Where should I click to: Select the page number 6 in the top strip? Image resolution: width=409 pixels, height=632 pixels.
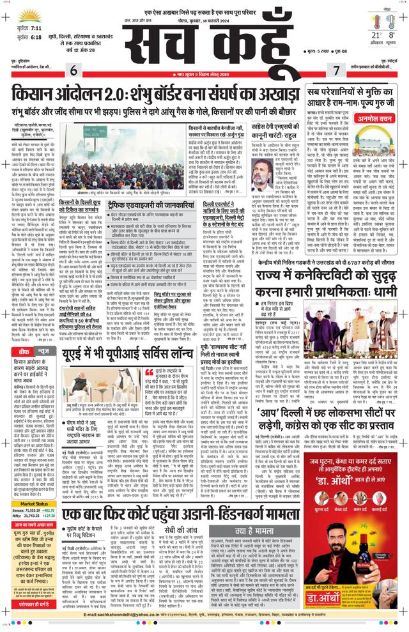tap(74, 70)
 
